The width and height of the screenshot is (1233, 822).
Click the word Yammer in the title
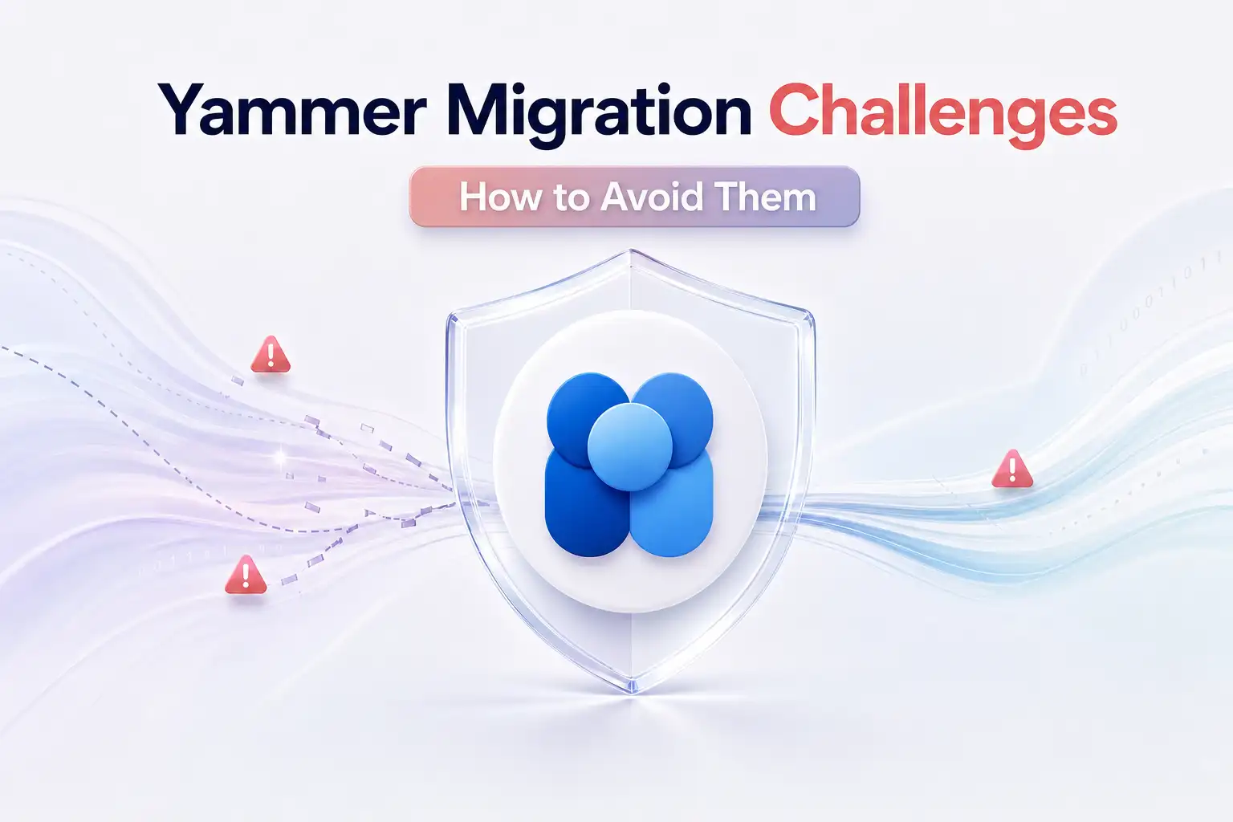[292, 110]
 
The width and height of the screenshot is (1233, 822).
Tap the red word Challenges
[942, 113]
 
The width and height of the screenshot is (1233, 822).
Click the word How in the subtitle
[500, 197]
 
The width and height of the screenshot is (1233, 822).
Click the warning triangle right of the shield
[1012, 469]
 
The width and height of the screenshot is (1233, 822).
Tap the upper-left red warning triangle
[271, 355]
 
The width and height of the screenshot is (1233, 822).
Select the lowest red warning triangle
[246, 575]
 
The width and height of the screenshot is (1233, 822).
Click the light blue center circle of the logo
[630, 446]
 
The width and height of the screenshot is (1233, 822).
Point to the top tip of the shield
[631, 250]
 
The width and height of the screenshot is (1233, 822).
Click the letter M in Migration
[482, 109]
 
